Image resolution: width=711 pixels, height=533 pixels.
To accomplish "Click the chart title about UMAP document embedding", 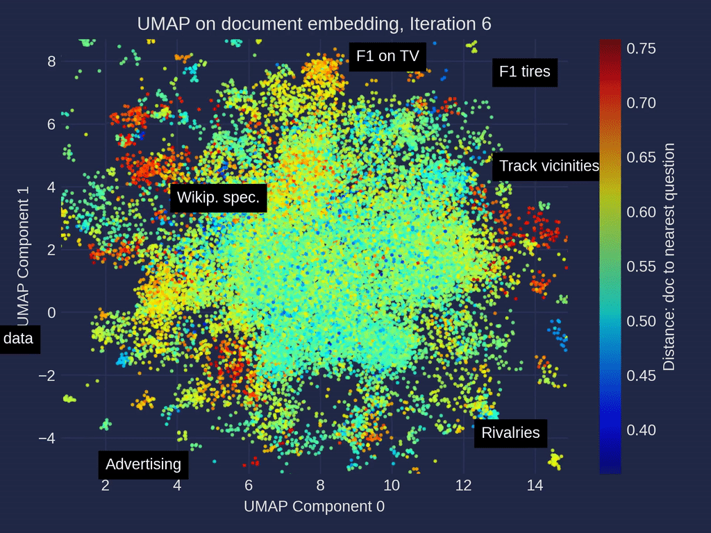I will tap(314, 23).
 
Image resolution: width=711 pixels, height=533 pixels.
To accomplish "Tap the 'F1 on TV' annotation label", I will tap(387, 57).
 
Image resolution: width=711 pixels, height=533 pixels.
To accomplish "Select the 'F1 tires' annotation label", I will tap(525, 71).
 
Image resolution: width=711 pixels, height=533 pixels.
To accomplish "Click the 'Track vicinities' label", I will tap(549, 166).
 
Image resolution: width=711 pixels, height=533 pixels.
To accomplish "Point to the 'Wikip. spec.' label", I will tap(218, 198).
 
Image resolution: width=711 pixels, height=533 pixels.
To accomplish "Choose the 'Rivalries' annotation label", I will tap(510, 433).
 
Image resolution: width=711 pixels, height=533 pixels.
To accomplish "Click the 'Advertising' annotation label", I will tap(143, 464).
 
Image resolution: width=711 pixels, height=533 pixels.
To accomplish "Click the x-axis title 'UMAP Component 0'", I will tap(314, 507).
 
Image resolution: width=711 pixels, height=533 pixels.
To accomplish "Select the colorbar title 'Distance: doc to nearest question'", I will tap(669, 257).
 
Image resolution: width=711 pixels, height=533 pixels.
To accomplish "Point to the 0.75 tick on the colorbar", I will tap(642, 48).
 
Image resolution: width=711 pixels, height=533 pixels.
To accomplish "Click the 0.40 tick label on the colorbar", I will tap(642, 430).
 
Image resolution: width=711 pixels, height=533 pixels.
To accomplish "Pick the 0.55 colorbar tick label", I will tap(642, 266).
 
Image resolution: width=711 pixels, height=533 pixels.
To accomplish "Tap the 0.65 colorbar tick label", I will tap(642, 158).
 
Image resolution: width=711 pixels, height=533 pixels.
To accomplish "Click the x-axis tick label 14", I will tap(535, 485).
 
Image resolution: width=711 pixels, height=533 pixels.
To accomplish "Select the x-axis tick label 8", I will tap(320, 485).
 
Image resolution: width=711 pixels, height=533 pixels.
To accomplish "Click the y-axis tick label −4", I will tap(47, 439).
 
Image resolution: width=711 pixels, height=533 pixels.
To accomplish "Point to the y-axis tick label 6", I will tap(51, 124).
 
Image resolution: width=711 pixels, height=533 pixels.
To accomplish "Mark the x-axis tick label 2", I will tap(106, 485).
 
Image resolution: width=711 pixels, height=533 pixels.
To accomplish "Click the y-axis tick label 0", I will tap(51, 313).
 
